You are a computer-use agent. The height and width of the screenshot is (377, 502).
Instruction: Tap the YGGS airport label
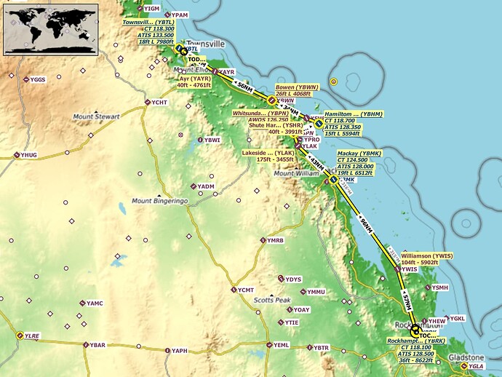(38, 79)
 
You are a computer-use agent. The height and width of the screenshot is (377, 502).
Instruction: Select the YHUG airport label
(29, 155)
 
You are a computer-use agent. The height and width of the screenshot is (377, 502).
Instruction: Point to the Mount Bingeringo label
(160, 200)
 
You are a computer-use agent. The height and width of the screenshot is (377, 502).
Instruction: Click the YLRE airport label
(33, 336)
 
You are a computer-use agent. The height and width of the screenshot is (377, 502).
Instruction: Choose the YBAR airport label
(97, 344)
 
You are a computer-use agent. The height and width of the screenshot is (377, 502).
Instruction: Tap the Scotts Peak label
(272, 300)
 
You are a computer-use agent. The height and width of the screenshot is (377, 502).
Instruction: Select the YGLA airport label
(477, 367)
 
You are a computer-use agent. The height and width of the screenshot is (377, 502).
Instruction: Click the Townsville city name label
(206, 44)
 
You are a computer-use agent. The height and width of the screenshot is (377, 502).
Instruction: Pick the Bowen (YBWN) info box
(298, 90)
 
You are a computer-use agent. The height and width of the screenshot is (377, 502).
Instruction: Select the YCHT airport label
(159, 103)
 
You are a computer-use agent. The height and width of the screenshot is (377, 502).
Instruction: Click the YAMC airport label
(95, 303)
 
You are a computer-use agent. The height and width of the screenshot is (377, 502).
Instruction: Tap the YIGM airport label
(151, 8)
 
